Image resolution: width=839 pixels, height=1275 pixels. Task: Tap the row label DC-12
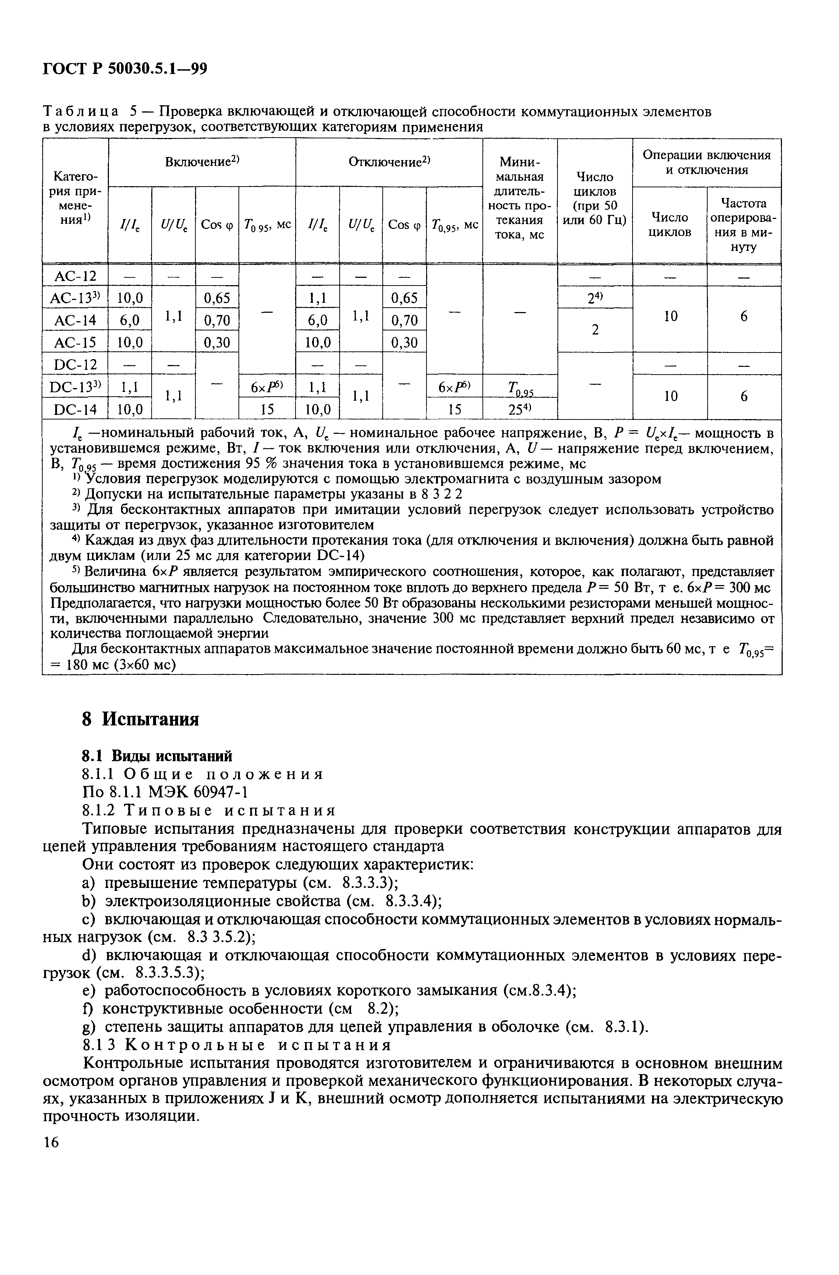[x=75, y=364]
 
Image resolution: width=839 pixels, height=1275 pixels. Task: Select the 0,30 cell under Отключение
[x=404, y=342]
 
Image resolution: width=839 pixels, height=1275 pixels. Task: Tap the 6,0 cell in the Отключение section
[x=317, y=320]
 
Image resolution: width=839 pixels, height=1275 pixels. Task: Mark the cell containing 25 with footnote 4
[x=520, y=409]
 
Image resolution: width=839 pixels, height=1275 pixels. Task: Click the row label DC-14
[x=75, y=409]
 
